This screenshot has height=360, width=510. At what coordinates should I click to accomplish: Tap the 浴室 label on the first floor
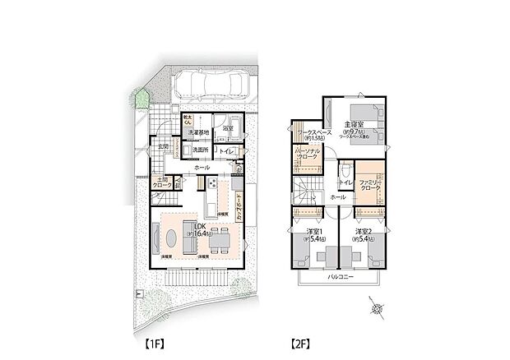click(228, 129)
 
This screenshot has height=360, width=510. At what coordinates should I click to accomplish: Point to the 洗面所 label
click(200, 150)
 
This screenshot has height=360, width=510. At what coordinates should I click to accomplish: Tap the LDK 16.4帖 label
click(198, 231)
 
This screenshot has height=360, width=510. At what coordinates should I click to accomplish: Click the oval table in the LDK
click(170, 238)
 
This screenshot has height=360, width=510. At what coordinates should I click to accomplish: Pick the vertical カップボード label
click(240, 201)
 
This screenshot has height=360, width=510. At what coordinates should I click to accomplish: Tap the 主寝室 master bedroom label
click(355, 124)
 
